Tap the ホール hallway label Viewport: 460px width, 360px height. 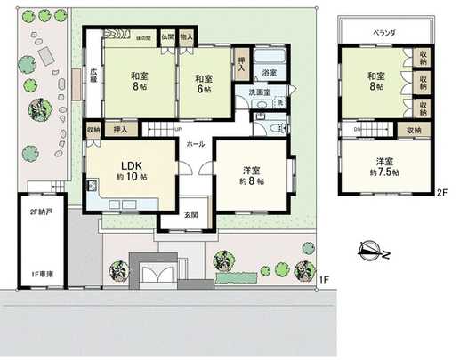(x=196, y=142)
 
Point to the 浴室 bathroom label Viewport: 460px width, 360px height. (x=269, y=71)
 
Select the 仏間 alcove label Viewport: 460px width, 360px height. (x=167, y=37)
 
